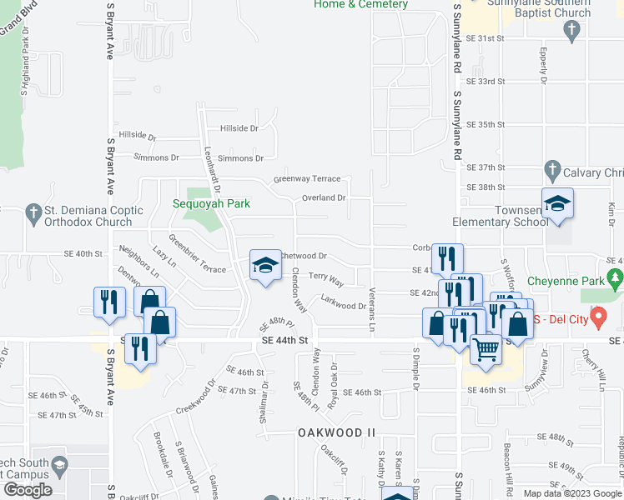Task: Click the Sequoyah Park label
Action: coord(211,203)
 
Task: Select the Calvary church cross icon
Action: coord(551,172)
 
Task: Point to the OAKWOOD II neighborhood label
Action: coord(338,432)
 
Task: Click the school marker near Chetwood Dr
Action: coord(266,266)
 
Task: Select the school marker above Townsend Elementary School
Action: coord(557,202)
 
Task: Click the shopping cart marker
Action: coord(486,348)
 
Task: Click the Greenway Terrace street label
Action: coord(308,179)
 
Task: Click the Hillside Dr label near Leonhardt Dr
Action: coord(239,128)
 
